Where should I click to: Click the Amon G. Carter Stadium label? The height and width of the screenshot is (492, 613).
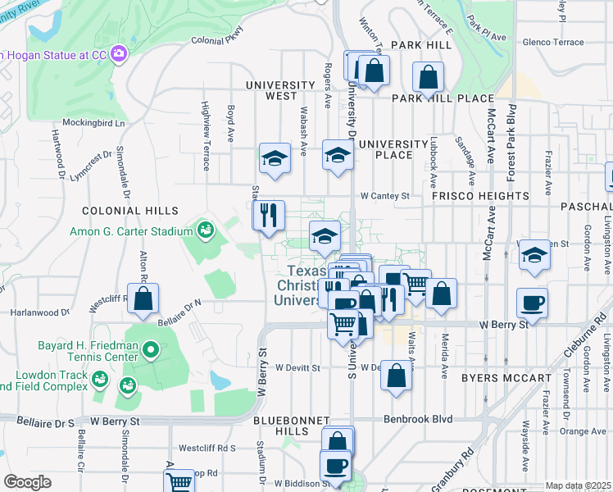point(135,232)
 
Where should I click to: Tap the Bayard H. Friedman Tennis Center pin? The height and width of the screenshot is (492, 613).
point(150,351)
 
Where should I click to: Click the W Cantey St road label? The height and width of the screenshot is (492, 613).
point(384,196)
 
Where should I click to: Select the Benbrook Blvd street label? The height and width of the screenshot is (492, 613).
point(419,419)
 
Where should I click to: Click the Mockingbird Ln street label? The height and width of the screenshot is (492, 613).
point(97,123)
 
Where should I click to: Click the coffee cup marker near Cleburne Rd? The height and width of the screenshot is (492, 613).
point(532,303)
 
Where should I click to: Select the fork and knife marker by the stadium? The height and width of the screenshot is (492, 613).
point(269,216)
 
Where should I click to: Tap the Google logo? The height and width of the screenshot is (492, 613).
point(27,482)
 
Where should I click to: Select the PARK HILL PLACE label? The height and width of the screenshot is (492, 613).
point(443,98)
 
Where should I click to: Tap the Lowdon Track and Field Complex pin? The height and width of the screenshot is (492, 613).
point(99,379)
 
